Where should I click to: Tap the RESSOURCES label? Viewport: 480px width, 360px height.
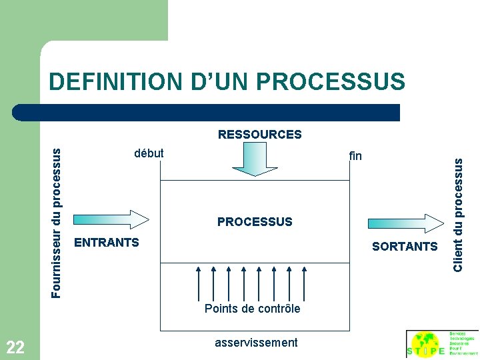pos(259,135)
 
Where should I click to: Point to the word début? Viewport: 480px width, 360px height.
pos(149,153)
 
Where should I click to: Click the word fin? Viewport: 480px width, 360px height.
pos(355,156)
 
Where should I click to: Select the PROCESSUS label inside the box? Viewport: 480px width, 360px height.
pos(255,222)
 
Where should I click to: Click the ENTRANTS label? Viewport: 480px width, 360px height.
pos(107,243)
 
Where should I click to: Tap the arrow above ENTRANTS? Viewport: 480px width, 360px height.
pos(111,219)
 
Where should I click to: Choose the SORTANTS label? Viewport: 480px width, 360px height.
pos(405,247)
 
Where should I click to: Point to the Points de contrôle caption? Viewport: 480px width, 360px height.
pos(252,309)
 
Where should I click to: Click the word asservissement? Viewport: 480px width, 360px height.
pos(256,343)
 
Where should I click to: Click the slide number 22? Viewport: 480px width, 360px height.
pos(15,347)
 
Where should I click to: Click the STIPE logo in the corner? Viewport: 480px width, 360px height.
pos(442,345)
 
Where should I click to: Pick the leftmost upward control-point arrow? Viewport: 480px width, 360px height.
pos(199,283)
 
